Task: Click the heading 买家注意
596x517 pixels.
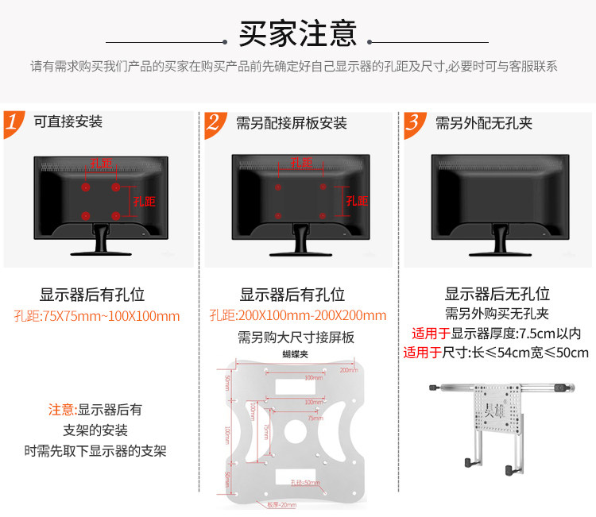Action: tap(297, 34)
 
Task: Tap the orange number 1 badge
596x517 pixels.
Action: tap(14, 123)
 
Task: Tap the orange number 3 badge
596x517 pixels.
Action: tap(413, 123)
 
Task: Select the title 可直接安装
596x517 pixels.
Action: tap(68, 122)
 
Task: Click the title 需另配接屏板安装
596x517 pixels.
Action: tap(291, 123)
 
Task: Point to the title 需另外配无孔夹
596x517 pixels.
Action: tap(484, 123)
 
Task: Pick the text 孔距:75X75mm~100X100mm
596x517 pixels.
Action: tap(97, 315)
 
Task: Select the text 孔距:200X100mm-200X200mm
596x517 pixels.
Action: tap(298, 315)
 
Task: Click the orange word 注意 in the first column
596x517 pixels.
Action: tap(61, 410)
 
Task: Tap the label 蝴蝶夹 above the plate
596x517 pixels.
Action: tap(295, 354)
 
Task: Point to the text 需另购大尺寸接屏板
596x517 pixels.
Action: tap(296, 337)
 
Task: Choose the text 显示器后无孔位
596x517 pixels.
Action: tap(497, 294)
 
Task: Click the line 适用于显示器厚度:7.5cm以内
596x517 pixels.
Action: tap(496, 333)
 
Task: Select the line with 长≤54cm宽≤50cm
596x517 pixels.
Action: tap(496, 353)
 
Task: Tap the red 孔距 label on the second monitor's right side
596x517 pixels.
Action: tap(355, 201)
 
